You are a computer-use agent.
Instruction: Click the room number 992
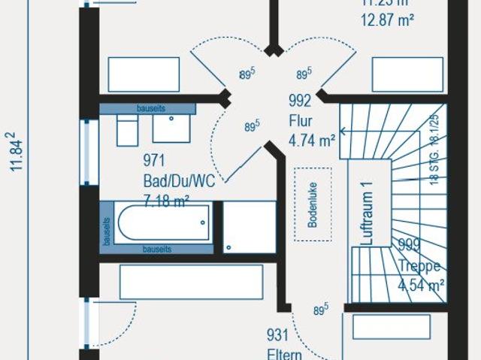coord(300,102)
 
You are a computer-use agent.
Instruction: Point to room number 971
coord(154,160)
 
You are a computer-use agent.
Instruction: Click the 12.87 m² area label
coord(387,20)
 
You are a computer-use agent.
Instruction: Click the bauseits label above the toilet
coord(150,108)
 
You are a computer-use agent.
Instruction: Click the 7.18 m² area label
coord(166,199)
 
